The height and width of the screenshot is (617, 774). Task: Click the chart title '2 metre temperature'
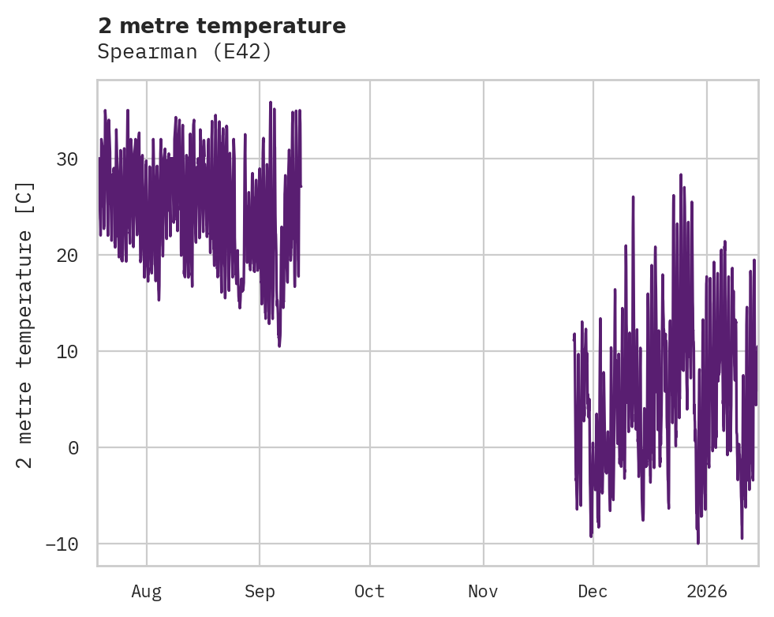[x=222, y=26]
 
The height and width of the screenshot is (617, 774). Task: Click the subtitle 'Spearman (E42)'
[x=185, y=52]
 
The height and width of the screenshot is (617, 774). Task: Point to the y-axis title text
[x=25, y=324]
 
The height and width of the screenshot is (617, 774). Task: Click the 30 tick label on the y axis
[x=66, y=159]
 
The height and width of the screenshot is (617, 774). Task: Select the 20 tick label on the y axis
[x=66, y=256]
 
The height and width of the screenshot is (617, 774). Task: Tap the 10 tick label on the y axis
[x=66, y=352]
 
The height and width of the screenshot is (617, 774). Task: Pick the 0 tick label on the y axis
[x=73, y=448]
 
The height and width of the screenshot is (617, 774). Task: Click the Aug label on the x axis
[x=147, y=591]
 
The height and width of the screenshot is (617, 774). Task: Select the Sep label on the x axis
[x=260, y=591]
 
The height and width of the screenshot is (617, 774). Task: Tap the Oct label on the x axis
[x=369, y=591]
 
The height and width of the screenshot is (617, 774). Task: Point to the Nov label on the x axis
[x=483, y=591]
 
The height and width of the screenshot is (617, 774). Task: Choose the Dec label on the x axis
[x=593, y=591]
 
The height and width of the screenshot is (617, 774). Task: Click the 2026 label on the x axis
[x=706, y=591]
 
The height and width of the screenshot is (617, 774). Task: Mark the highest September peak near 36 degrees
[x=270, y=102]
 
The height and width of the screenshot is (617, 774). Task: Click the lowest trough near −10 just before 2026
[x=697, y=543]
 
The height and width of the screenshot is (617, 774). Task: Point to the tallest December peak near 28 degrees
[x=680, y=174]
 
